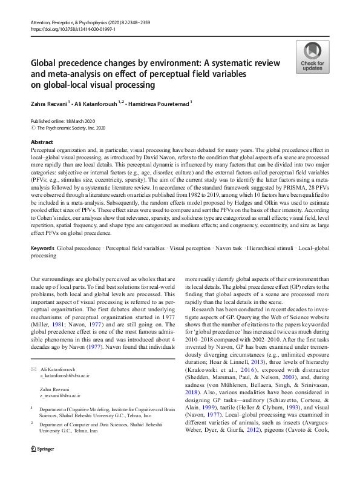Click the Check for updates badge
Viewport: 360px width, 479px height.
click(311, 57)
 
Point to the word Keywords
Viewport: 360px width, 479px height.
click(42, 249)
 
